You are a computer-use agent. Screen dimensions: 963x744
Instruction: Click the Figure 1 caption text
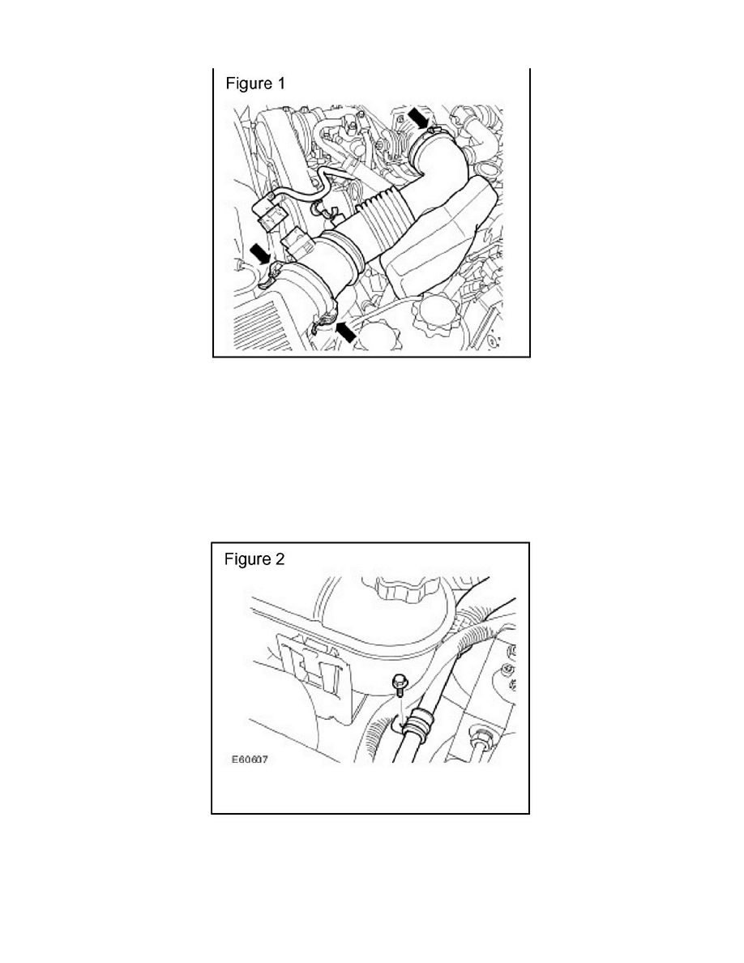pyautogui.click(x=254, y=83)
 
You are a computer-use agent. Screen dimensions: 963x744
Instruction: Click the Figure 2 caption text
pyautogui.click(x=254, y=559)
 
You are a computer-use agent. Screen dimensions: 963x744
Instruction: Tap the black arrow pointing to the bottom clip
pyautogui.click(x=346, y=329)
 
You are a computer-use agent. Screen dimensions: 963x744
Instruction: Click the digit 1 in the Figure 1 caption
pyautogui.click(x=280, y=83)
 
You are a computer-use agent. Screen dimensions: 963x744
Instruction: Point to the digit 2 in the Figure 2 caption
pyautogui.click(x=280, y=559)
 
